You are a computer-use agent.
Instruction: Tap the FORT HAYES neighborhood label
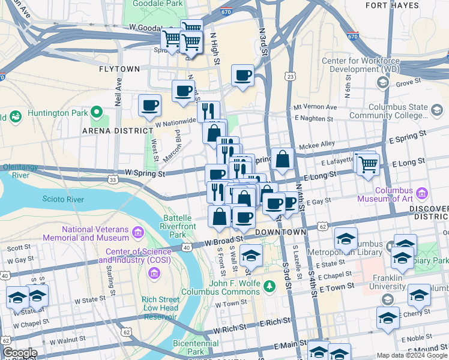point(392,5)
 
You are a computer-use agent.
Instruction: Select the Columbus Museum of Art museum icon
point(422,193)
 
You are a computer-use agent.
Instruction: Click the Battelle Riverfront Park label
point(178,226)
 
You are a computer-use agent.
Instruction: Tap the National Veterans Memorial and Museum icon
point(139,232)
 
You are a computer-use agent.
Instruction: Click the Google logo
point(19,353)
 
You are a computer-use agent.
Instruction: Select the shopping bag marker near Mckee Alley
point(283,160)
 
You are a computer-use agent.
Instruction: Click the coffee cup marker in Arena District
point(150,106)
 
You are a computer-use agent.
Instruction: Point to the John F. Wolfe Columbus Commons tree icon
point(270,287)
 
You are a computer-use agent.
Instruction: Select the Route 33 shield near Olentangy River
point(112,179)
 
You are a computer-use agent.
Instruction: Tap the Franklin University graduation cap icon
point(387,299)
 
